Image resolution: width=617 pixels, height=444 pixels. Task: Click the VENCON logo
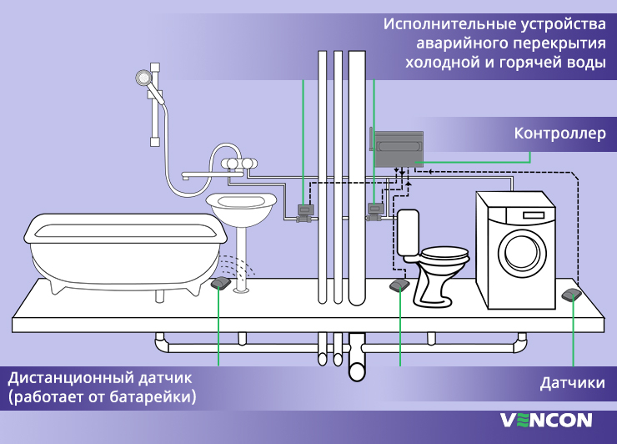click(x=546, y=420)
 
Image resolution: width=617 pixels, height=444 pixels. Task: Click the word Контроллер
click(x=559, y=134)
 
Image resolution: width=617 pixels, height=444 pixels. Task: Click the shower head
click(x=145, y=78)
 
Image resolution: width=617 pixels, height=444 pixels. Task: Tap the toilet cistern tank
click(x=407, y=231)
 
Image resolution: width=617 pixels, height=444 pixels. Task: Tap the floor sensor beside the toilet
click(x=399, y=286)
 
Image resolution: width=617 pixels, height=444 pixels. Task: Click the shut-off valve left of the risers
click(x=305, y=213)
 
